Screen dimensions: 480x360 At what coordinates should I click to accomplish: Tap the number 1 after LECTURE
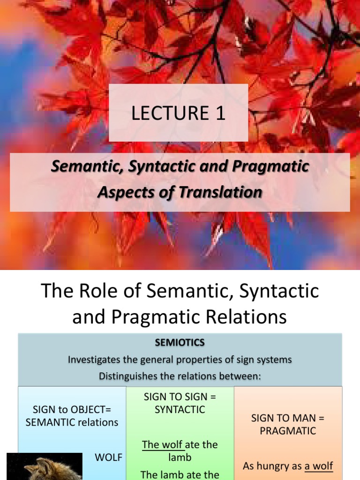coord(220,114)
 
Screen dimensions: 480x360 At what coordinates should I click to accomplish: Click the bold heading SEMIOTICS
coord(180,343)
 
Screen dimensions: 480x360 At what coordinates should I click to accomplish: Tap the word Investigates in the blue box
coord(94,360)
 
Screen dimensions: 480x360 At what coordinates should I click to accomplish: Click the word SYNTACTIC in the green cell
coord(180,409)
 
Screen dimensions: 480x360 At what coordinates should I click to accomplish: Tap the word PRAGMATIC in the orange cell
coord(288,430)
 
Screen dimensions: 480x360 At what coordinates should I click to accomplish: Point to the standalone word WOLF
coord(108,457)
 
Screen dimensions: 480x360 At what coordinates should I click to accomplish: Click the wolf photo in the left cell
coord(45,467)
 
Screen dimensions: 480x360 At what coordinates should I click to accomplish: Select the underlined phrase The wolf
coord(163,444)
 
